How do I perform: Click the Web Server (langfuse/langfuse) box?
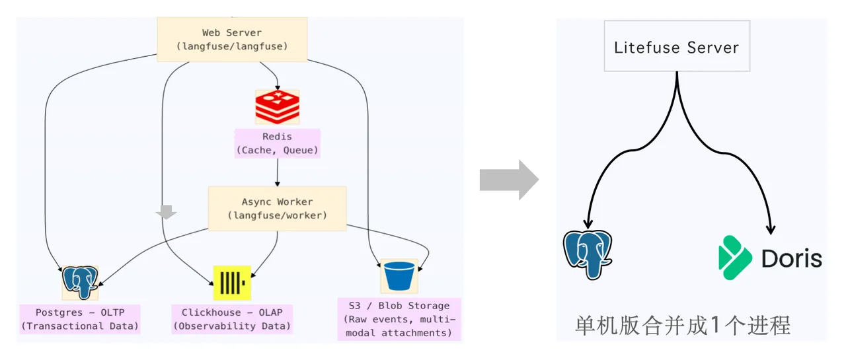(232, 39)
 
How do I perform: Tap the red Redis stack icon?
(277, 107)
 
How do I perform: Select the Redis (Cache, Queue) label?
(277, 143)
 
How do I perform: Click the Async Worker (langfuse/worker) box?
(277, 208)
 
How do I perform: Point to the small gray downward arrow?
(166, 212)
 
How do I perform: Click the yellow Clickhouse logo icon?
(232, 283)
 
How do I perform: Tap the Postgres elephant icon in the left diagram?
(80, 283)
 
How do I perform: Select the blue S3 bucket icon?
(399, 276)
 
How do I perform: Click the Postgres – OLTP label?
(80, 319)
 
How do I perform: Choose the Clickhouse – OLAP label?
(232, 319)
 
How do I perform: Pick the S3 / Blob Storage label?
(399, 319)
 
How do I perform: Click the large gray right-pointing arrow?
(509, 180)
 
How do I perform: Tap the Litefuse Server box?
(677, 46)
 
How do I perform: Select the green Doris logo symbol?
(734, 258)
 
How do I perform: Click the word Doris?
(792, 259)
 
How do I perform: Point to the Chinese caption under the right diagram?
(683, 325)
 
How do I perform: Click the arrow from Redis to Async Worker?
(278, 172)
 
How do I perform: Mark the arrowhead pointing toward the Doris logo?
(771, 229)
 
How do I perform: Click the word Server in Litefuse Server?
(712, 48)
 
